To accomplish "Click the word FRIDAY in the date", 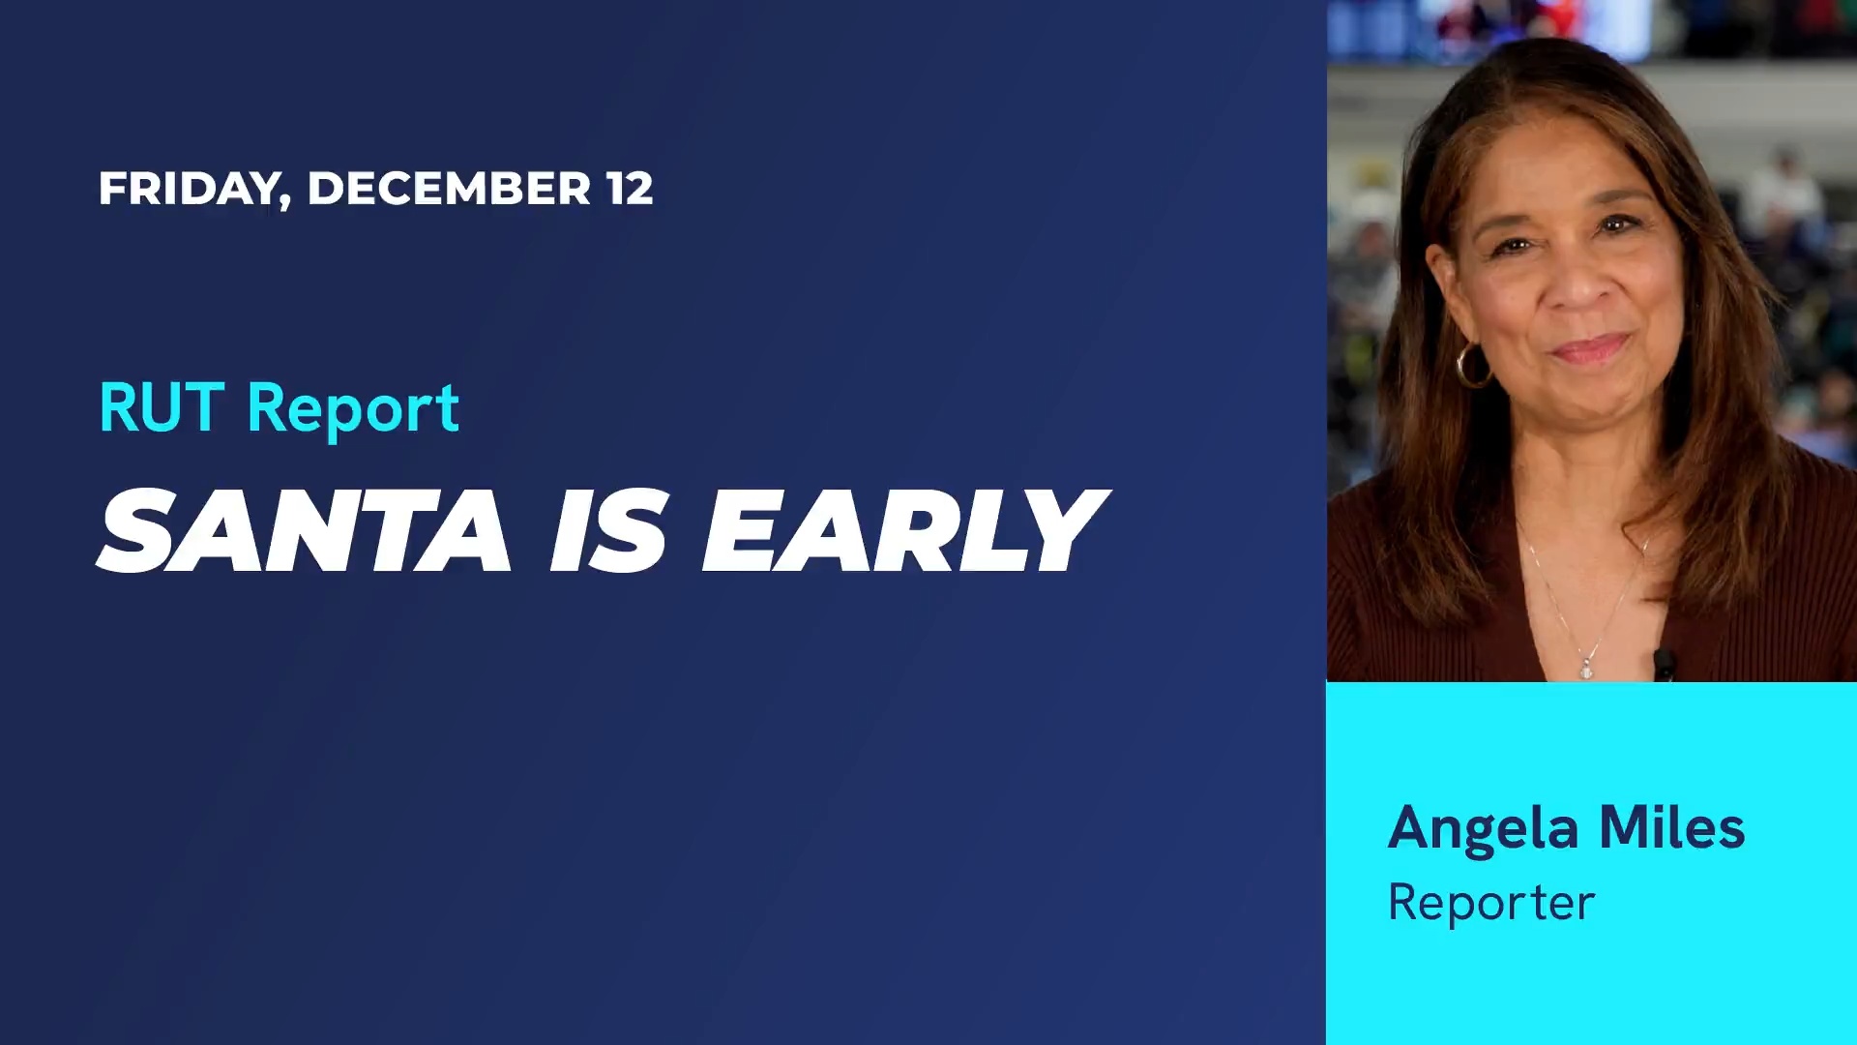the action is point(190,190).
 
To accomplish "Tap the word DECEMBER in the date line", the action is point(449,189).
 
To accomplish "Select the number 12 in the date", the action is point(630,189).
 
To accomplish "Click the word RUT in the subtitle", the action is point(162,407).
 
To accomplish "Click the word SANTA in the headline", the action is point(305,530).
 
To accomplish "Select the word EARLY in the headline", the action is point(905,530).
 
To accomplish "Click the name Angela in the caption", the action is point(1483,830).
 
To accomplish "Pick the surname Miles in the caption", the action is point(1671,828).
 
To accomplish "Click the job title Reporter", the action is point(1491,904).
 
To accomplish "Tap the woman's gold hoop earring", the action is point(1472,366).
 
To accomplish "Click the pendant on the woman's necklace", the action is point(1586,668).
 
